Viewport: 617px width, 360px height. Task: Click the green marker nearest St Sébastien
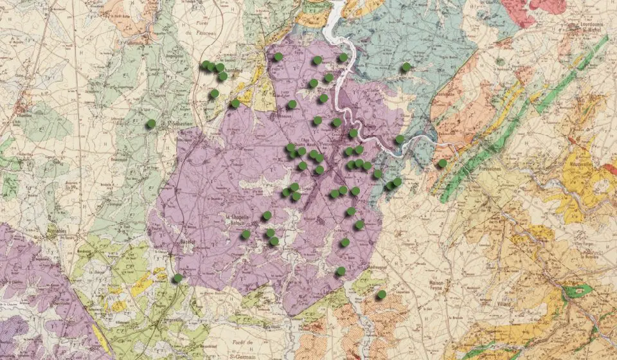(151, 123)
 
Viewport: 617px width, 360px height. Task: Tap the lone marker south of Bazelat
(178, 278)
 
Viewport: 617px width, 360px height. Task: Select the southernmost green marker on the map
(381, 294)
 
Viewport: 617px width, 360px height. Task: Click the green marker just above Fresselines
(442, 163)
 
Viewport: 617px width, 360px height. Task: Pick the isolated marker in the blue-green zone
(406, 67)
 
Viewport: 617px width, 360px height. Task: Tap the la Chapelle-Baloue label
(240, 219)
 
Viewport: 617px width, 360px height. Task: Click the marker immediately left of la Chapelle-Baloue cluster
(246, 234)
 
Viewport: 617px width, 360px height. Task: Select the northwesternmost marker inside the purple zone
(278, 57)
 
